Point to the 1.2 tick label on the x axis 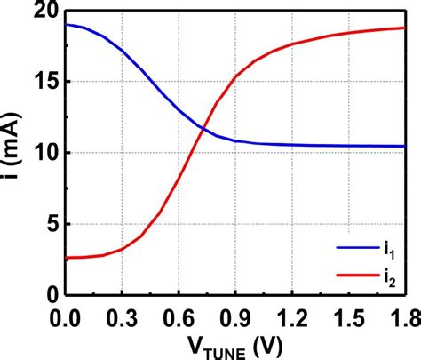coord(292,316)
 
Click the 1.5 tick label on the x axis coord(349,316)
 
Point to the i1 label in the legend coord(391,252)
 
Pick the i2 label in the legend coord(391,279)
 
